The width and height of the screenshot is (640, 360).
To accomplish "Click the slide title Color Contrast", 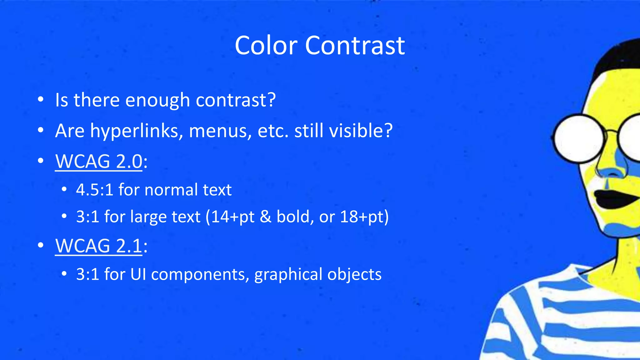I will (320, 46).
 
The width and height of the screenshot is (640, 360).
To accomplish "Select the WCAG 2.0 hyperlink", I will (99, 162).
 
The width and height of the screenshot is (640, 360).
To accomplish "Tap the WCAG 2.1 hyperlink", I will (99, 246).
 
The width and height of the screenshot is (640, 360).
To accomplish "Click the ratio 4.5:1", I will (94, 190).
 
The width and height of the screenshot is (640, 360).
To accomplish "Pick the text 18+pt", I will (364, 217).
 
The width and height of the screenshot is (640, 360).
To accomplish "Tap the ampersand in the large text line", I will (265, 217).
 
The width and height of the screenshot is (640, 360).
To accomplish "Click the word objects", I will (354, 275).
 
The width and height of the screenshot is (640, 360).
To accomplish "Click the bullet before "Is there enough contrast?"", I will (40, 100).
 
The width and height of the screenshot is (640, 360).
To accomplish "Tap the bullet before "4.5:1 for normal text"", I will (64, 189).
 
